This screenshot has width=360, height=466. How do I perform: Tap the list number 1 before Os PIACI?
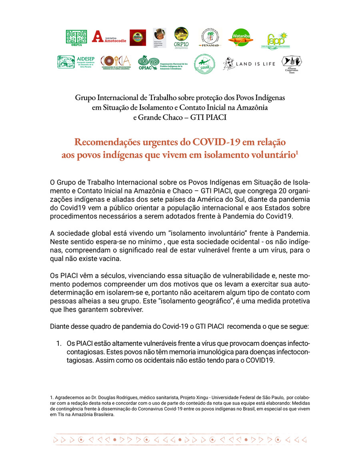click(x=59, y=343)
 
